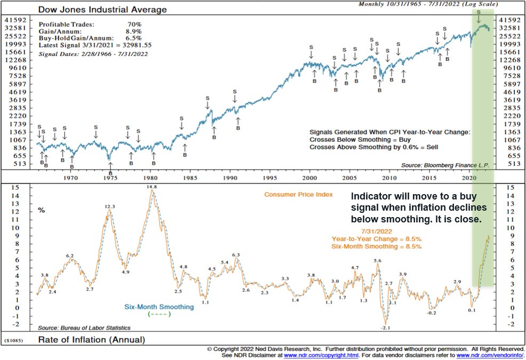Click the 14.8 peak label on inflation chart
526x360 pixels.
click(153, 187)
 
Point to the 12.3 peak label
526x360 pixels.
click(110, 207)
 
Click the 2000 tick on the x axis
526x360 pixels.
click(310, 177)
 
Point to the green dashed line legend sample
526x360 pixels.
click(159, 314)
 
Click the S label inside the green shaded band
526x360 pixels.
click(479, 12)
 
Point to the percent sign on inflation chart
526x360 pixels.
click(41, 211)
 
